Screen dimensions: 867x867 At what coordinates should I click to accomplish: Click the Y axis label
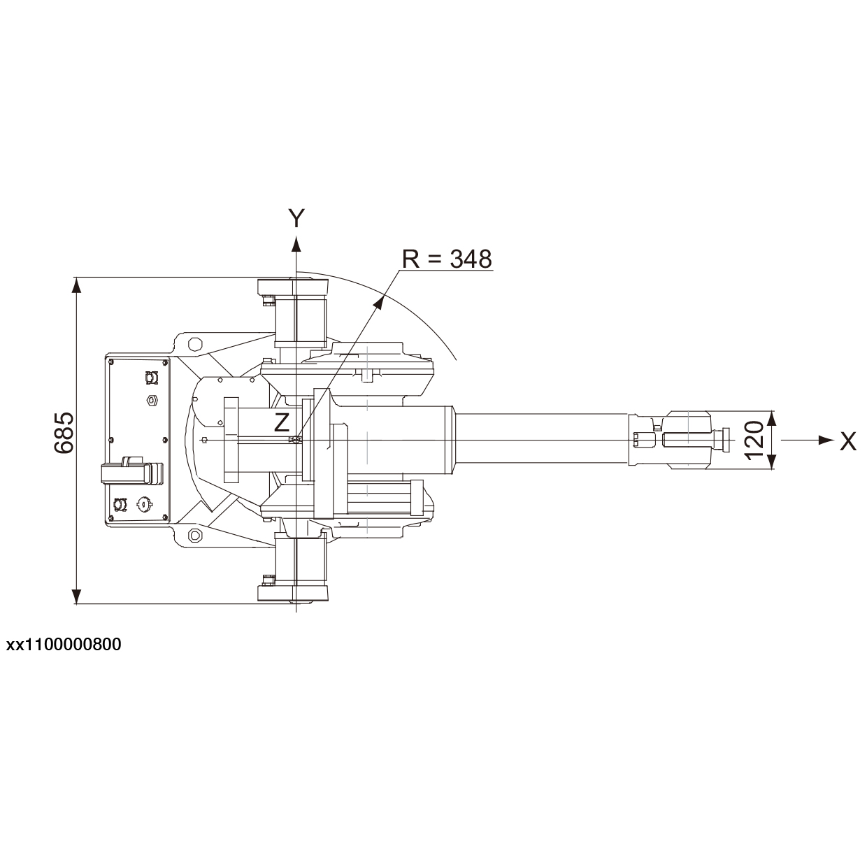297,218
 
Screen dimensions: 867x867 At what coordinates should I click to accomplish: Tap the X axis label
847,440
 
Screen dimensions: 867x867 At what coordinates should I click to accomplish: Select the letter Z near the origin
281,422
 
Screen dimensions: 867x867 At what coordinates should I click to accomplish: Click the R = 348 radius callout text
447,259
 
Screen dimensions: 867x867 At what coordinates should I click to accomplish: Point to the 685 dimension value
64,433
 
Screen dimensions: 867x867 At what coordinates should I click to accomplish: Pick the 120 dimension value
753,440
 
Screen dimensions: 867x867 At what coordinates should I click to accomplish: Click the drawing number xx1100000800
64,644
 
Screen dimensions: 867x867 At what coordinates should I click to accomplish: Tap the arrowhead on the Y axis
296,243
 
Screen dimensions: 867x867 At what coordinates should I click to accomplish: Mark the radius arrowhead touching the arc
382,301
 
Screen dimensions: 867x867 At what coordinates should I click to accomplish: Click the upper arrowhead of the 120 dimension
771,417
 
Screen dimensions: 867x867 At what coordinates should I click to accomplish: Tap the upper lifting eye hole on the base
194,343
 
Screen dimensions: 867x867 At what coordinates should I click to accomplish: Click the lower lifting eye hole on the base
194,536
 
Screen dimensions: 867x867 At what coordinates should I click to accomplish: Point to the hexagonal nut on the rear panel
150,400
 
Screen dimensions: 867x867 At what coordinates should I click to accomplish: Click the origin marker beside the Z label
296,440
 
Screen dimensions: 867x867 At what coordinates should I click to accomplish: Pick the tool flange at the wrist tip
720,440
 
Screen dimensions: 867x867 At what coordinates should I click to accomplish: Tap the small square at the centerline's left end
203,440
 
